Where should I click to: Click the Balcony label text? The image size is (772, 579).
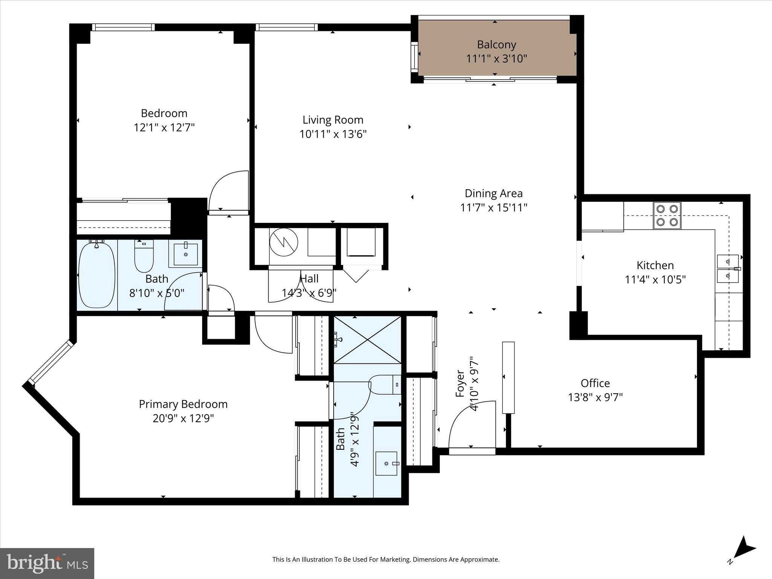[x=496, y=44]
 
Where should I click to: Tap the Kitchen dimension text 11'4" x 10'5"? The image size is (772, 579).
[x=655, y=280]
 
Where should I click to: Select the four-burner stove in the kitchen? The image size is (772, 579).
[x=667, y=216]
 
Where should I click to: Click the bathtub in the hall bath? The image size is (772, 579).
[x=96, y=275]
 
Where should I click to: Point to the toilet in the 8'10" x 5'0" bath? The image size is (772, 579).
[x=144, y=256]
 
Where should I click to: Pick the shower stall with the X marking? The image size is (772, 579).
[x=368, y=340]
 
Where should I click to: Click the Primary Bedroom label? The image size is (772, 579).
[x=183, y=404]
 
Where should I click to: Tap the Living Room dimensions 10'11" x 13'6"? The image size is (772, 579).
[x=333, y=134]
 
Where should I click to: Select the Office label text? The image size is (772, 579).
[x=595, y=383]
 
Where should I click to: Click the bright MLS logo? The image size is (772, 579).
[x=47, y=563]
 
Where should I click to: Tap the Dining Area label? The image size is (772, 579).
[x=493, y=193]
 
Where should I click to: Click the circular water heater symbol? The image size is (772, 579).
[x=283, y=242]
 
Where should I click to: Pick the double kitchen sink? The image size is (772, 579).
[x=728, y=268]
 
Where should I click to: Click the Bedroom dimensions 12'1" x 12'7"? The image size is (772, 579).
[x=164, y=127]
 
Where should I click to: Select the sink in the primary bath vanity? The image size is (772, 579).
[x=386, y=463]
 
